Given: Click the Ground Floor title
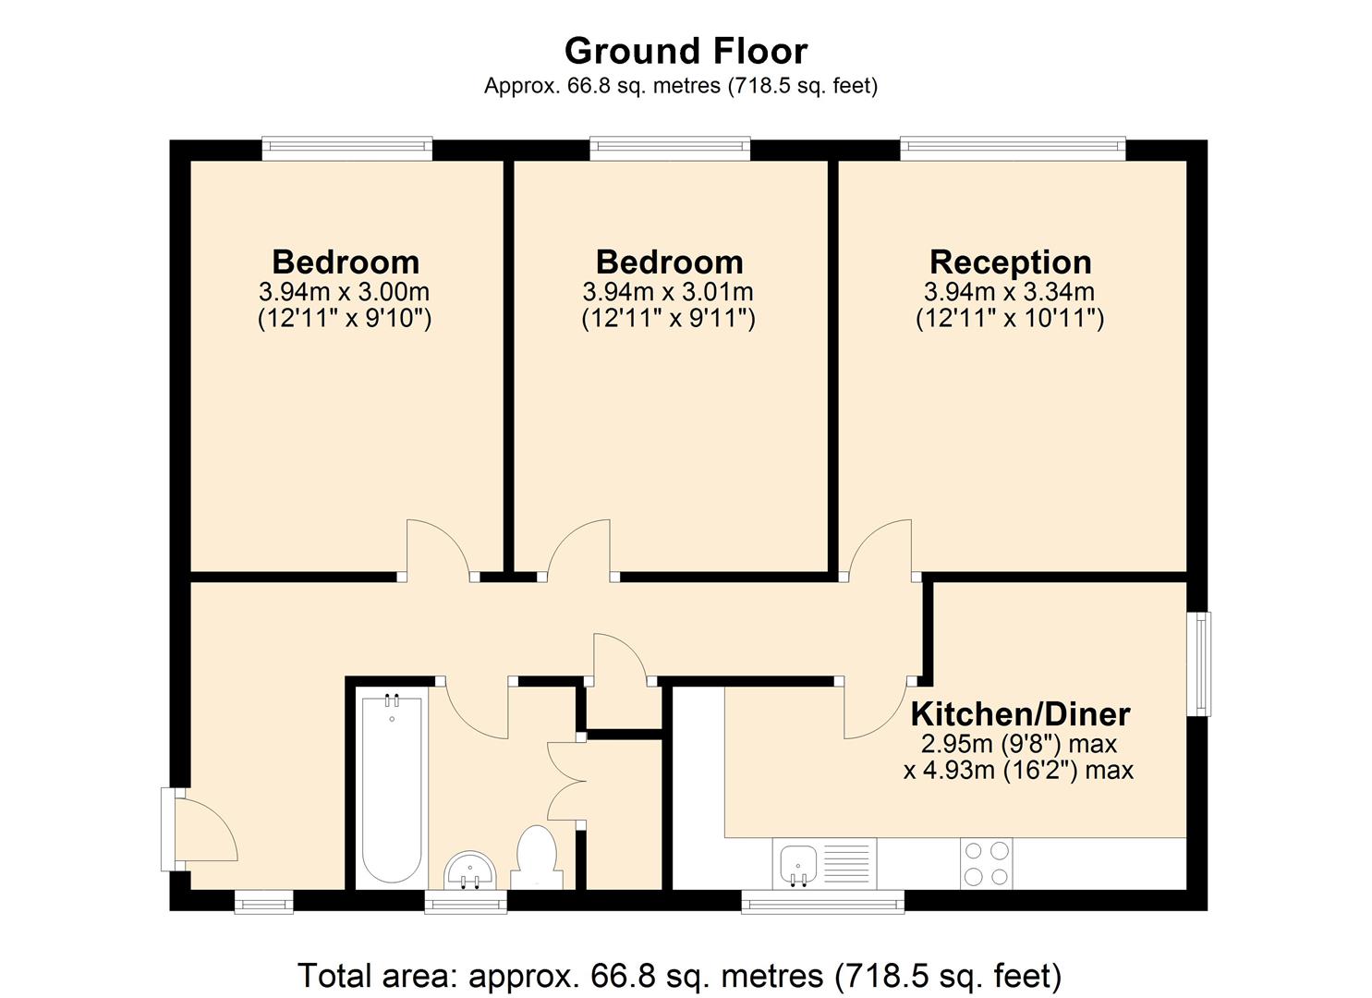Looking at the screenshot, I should point(686,50).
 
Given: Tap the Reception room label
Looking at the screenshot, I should point(1010,262).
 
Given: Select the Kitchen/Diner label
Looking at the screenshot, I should point(1020,714).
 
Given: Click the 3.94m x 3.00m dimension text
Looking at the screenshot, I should point(344,292).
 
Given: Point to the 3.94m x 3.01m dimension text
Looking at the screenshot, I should point(668,292).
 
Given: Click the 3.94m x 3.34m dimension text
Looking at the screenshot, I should point(1010,292).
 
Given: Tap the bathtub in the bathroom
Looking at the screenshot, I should point(393,790).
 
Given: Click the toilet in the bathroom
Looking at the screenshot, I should point(536,856).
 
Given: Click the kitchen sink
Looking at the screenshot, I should point(797,864).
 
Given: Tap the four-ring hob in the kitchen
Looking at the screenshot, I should point(986,863).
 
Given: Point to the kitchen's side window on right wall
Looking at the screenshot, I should point(1198,663).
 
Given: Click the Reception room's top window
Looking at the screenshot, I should point(1013,148).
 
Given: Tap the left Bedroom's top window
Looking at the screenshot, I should point(346,148).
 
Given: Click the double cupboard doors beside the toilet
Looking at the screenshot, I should point(566,782).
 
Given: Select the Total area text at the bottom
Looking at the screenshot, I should point(679,975).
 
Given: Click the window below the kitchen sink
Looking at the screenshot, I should point(822,902).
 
